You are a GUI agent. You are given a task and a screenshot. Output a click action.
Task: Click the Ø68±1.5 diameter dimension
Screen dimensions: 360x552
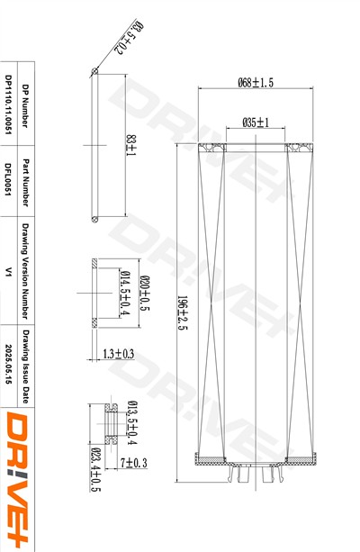[x=256, y=83]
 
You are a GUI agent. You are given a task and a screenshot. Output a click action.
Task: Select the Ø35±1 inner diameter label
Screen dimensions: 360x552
[x=256, y=122]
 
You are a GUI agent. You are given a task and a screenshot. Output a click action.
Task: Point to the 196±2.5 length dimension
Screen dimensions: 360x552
[x=183, y=312]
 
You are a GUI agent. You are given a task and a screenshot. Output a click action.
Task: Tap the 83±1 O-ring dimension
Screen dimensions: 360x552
[x=131, y=145]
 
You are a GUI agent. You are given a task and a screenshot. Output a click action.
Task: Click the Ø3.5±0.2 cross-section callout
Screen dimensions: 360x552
[x=129, y=38]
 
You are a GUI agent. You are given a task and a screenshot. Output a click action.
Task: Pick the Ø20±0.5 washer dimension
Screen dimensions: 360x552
[x=145, y=294]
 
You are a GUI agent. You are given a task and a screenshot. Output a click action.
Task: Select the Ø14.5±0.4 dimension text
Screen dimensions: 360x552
[x=124, y=294]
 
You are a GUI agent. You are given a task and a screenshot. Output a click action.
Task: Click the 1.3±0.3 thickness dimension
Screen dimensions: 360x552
[x=118, y=354]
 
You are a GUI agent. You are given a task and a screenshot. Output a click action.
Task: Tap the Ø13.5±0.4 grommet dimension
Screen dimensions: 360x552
[x=132, y=423]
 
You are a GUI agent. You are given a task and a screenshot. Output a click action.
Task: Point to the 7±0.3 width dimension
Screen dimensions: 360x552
[x=134, y=463]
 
